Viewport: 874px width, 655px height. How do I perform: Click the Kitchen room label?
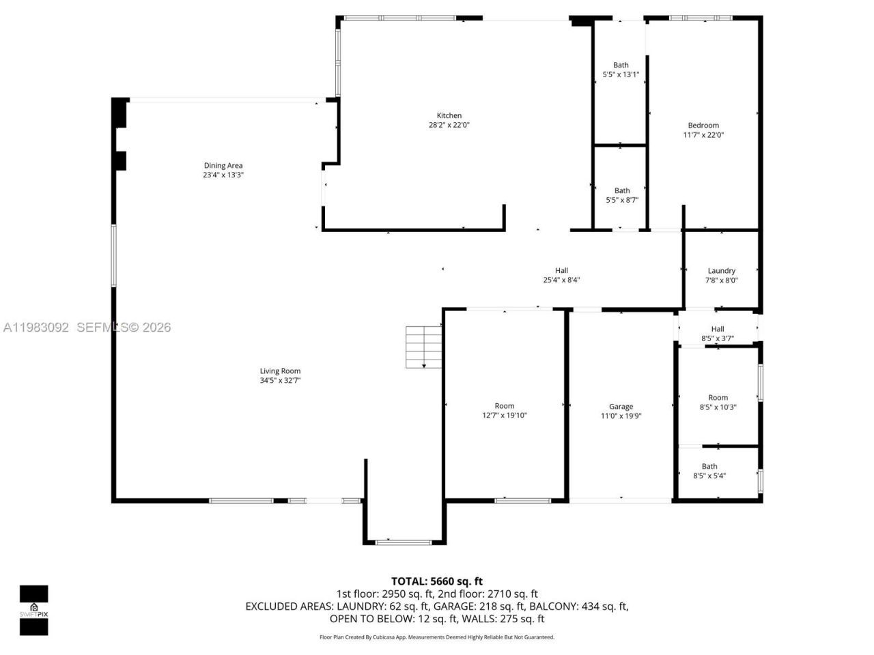tap(449, 116)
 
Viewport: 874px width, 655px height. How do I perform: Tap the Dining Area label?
tap(223, 166)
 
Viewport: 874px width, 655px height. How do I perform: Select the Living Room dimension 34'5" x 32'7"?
tap(280, 381)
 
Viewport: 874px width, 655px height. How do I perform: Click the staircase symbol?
tap(424, 347)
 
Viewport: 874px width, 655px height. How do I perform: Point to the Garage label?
tap(621, 407)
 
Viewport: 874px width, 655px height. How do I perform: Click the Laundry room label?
tap(721, 271)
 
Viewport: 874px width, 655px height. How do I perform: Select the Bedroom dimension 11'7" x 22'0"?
tap(703, 135)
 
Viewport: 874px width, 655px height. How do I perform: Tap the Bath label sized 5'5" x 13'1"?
tap(620, 65)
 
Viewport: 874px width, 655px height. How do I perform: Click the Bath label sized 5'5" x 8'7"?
tap(621, 191)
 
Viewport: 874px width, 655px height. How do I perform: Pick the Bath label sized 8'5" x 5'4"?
tap(709, 467)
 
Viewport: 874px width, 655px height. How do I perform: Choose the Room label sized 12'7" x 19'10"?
tap(504, 406)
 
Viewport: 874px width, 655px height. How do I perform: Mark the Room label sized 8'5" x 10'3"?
tap(718, 398)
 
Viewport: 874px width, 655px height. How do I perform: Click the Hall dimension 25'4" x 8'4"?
tap(561, 280)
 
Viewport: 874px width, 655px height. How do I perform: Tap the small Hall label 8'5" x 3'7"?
tap(717, 329)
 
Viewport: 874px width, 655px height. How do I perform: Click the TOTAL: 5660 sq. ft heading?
tap(436, 581)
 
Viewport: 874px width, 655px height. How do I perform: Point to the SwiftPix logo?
tap(33, 610)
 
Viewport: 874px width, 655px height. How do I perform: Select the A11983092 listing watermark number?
tap(36, 327)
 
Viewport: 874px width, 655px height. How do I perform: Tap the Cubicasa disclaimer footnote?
tap(437, 637)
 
